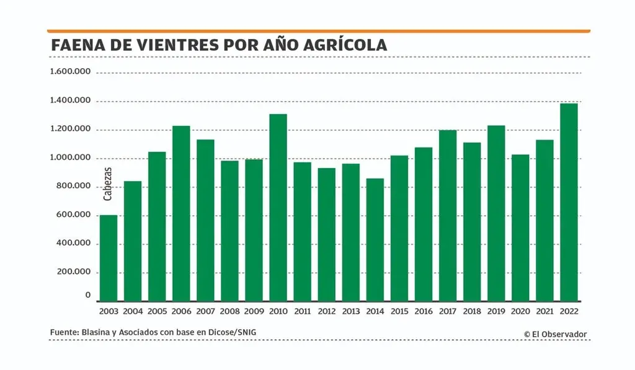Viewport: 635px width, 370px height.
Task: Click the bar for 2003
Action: tap(109, 258)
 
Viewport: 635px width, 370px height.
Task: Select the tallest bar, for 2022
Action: tap(569, 202)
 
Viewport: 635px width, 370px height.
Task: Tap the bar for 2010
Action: tap(278, 208)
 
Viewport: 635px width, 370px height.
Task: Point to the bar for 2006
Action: tap(181, 214)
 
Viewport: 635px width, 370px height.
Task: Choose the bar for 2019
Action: tap(496, 214)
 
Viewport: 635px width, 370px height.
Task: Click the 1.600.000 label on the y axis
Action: tap(71, 73)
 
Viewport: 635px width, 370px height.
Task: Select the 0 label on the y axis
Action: tap(89, 296)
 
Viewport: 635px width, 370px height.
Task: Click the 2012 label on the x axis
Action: tap(326, 311)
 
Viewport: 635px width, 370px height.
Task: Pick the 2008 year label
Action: tap(229, 311)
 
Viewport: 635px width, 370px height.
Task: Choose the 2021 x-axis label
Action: tap(544, 311)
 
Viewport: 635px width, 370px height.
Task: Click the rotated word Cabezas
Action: tap(108, 183)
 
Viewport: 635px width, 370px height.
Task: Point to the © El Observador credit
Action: tap(555, 334)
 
